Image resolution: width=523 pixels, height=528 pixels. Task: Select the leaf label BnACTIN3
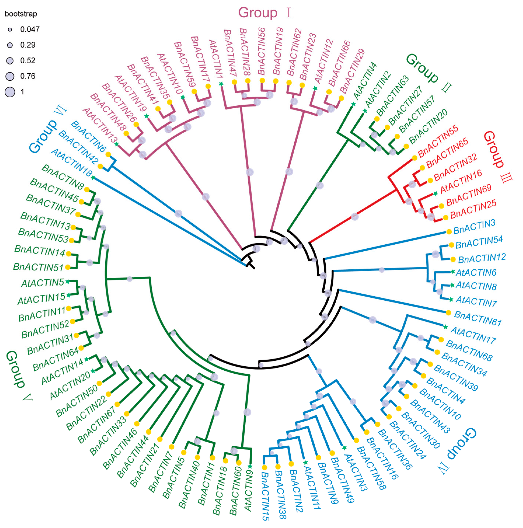[x=474, y=227]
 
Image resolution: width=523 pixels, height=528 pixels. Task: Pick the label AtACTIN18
[x=72, y=163]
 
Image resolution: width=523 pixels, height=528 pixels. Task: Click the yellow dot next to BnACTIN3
[x=449, y=232]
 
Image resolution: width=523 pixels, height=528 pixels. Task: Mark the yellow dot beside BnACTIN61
[x=448, y=313]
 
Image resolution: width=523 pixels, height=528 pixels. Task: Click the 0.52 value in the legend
[x=28, y=61]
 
